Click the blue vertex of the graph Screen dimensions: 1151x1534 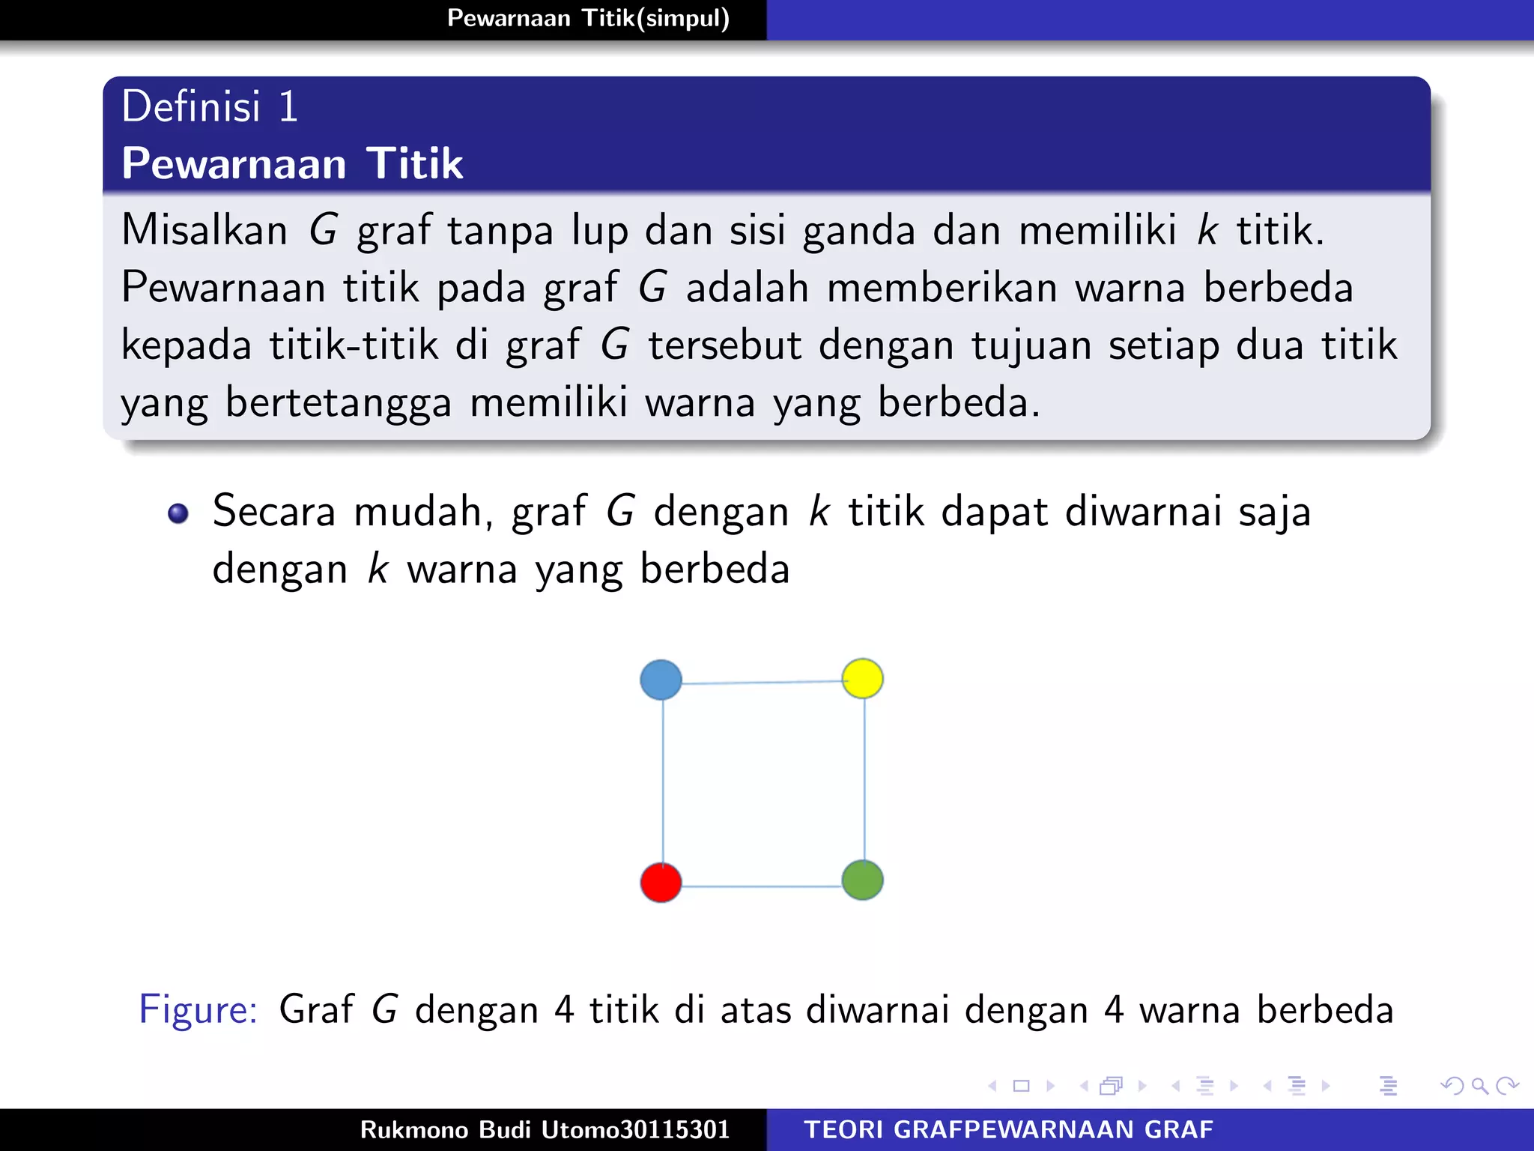pyautogui.click(x=661, y=680)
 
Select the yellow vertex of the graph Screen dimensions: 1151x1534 pyautogui.click(x=862, y=678)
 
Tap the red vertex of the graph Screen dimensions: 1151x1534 pyautogui.click(x=661, y=882)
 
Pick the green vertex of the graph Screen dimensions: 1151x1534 pyautogui.click(x=862, y=880)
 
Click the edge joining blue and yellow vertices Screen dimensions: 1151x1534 pyautogui.click(x=762, y=682)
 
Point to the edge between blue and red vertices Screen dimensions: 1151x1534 pyautogui.click(x=663, y=781)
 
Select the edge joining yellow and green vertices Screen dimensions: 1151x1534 pyautogui.click(x=864, y=779)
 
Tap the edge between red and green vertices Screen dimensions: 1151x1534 pyautogui.click(x=762, y=886)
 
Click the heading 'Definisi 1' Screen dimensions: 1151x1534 pyautogui.click(x=210, y=106)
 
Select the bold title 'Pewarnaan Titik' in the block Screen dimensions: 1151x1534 pyautogui.click(x=292, y=163)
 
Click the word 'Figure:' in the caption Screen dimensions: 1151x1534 pyautogui.click(x=198, y=1009)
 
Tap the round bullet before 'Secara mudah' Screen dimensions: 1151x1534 pyautogui.click(x=178, y=513)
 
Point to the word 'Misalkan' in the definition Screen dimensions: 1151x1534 pyautogui.click(x=204, y=230)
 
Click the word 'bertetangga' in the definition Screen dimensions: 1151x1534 pyautogui.click(x=339, y=403)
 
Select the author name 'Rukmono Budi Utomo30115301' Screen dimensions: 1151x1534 pyautogui.click(x=545, y=1129)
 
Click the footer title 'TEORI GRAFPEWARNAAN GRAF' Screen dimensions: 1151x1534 pyautogui.click(x=1008, y=1129)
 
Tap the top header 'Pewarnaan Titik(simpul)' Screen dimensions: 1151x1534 pyautogui.click(x=588, y=18)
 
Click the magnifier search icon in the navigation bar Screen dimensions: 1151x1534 pyautogui.click(x=1479, y=1085)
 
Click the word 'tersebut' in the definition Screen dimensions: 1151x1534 pyautogui.click(x=725, y=345)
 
